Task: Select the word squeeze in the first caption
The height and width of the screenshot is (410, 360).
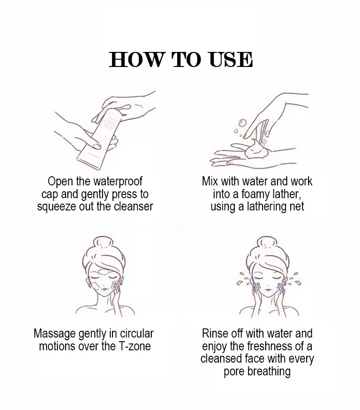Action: (x=52, y=207)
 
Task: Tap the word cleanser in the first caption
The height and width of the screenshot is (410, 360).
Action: (x=134, y=206)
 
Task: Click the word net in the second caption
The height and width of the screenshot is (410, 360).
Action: (x=297, y=206)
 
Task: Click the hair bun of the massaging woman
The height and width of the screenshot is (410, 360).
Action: (x=104, y=243)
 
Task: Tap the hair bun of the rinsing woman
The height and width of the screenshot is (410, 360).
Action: (x=267, y=243)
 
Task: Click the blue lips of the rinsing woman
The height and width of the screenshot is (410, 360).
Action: (x=268, y=290)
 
